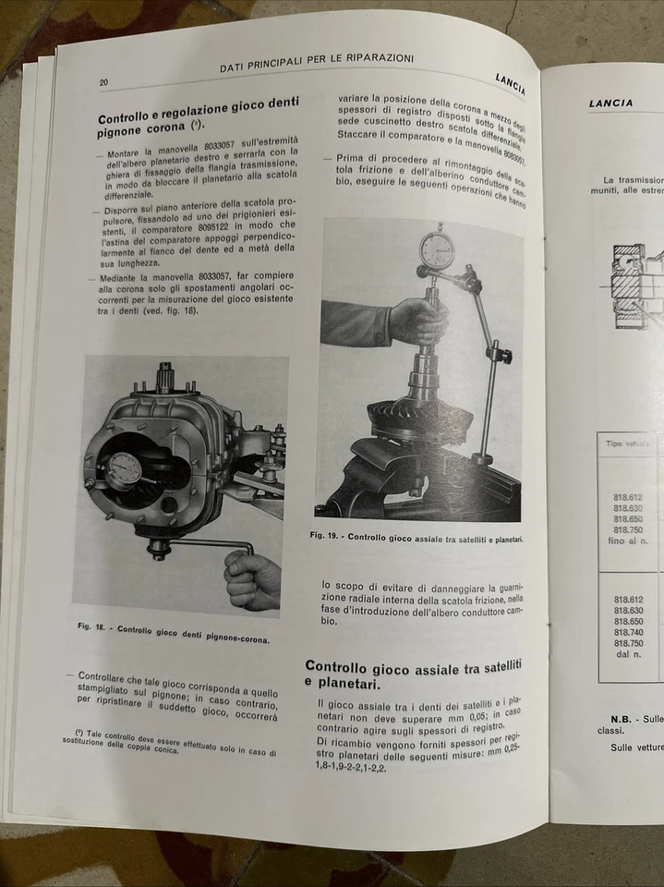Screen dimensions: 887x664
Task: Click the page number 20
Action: click(104, 82)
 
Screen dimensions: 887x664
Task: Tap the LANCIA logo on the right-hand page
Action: click(611, 103)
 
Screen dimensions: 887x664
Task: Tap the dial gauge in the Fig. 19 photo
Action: click(437, 250)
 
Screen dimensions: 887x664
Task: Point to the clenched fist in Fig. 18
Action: click(251, 580)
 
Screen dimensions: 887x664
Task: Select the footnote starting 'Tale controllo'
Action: click(172, 741)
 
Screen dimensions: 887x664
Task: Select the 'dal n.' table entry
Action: click(627, 655)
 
